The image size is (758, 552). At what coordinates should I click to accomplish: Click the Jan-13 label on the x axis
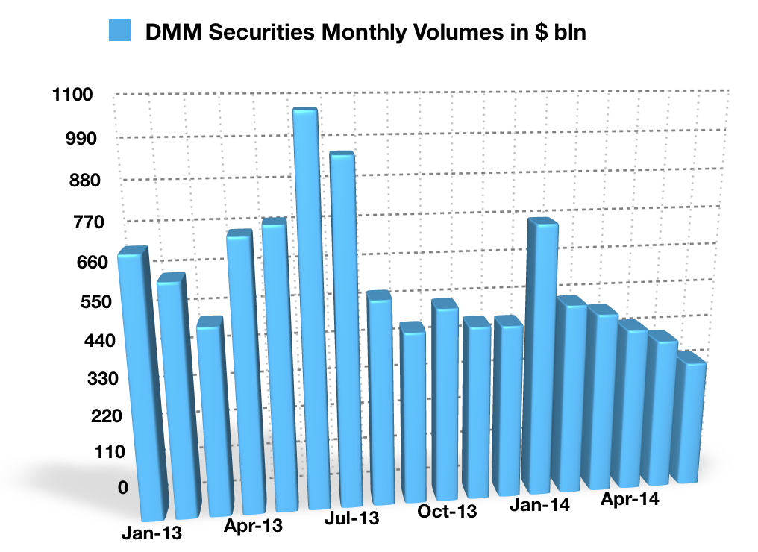pos(151,534)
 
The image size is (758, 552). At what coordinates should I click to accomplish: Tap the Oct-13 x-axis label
pos(447,512)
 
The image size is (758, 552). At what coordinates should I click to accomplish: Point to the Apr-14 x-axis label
pos(630,498)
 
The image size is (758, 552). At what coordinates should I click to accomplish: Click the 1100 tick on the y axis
pos(72,95)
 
